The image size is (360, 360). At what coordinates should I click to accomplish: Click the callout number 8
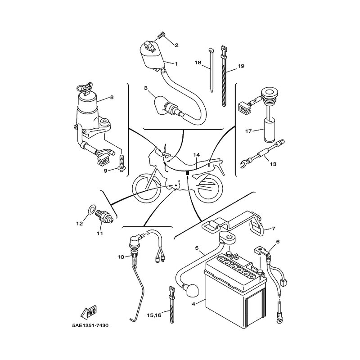(112, 97)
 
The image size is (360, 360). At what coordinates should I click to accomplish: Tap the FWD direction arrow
(89, 313)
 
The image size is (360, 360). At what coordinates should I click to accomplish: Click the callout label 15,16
(154, 315)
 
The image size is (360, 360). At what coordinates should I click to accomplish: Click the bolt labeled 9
(121, 162)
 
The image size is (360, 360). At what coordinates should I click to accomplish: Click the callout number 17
(248, 131)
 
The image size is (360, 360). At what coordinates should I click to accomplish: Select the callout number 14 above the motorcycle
(196, 155)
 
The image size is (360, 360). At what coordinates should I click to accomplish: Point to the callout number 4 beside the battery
(193, 303)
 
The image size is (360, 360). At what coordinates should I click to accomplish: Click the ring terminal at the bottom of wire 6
(279, 320)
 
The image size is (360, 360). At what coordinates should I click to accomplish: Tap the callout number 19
(241, 66)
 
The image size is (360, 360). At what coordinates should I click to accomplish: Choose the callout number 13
(273, 164)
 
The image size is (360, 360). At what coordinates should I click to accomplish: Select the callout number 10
(121, 257)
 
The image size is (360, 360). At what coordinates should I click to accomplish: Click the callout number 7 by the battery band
(274, 229)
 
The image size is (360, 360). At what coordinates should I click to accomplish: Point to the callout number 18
(198, 63)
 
